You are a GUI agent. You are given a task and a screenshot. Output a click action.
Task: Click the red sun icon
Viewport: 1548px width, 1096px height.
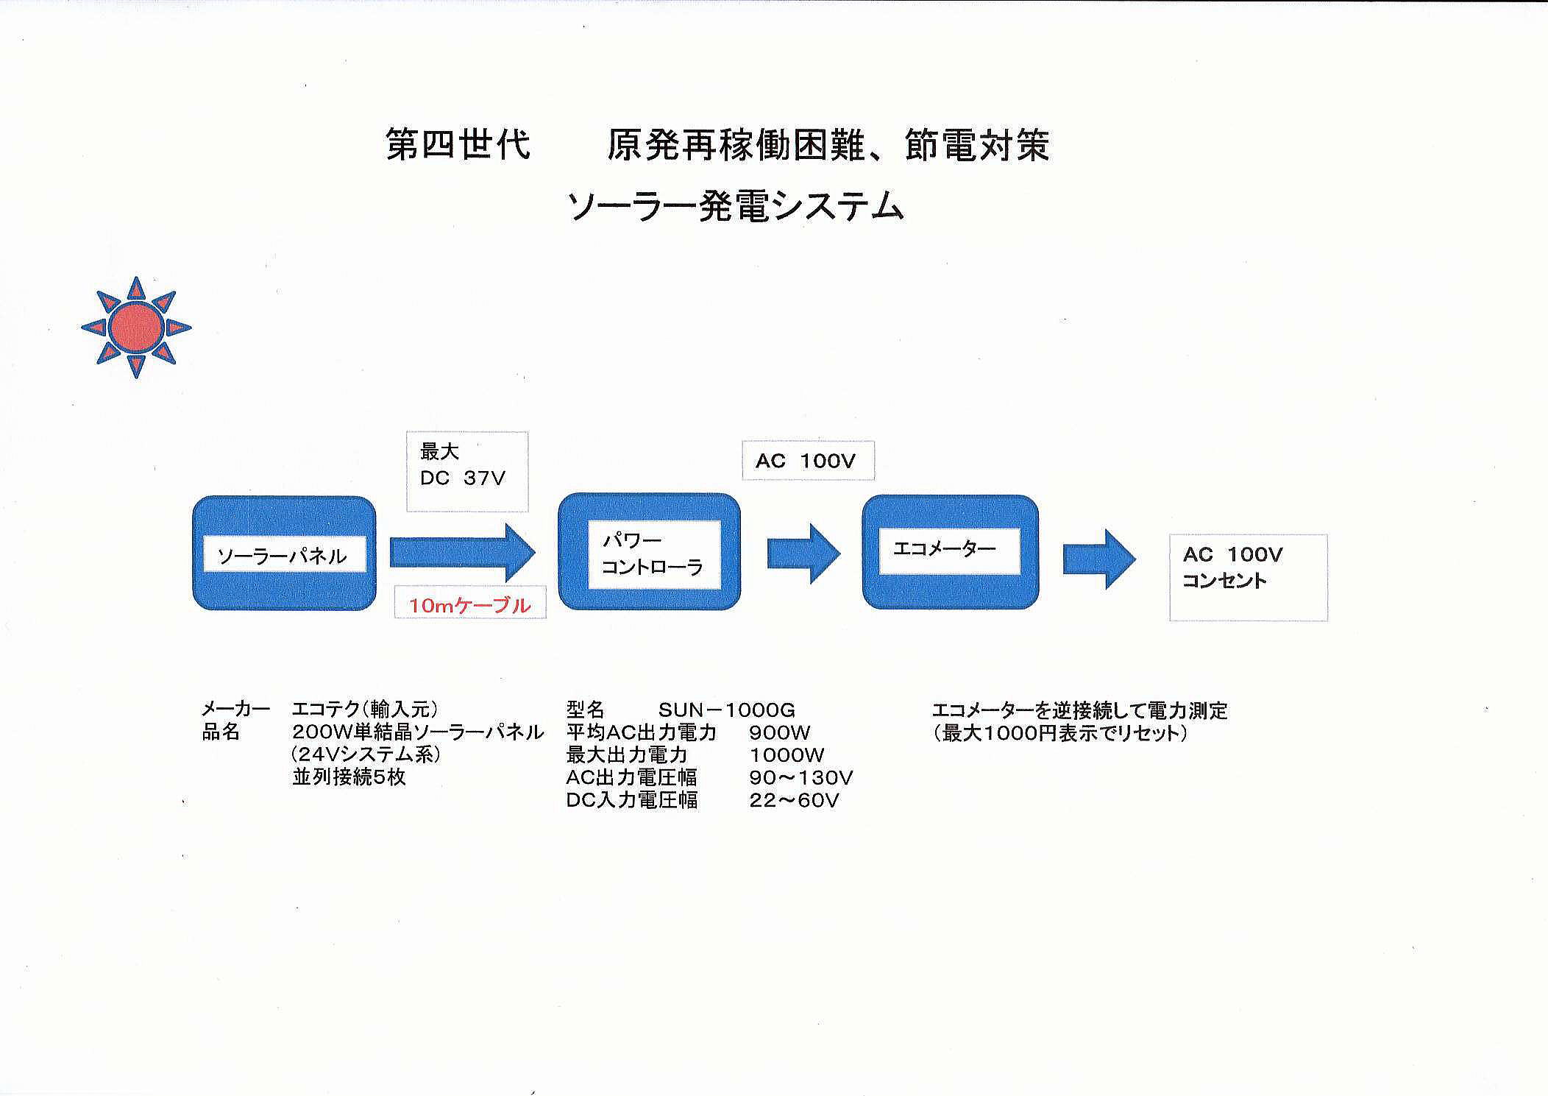pos(136,328)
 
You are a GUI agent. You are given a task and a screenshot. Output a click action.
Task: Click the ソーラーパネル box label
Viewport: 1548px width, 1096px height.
pos(283,556)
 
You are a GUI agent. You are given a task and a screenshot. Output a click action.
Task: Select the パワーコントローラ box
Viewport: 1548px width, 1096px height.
pos(650,551)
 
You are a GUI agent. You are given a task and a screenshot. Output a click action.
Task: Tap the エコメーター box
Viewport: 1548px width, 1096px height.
pos(950,552)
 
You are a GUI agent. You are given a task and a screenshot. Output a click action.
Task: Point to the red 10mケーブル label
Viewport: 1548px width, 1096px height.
pos(469,606)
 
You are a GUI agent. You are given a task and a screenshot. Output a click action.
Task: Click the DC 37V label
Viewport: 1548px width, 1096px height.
pos(463,478)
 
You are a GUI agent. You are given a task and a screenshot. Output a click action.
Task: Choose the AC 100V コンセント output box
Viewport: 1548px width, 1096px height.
pos(1249,578)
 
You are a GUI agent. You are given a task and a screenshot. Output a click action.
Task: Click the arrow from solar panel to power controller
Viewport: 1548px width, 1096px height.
pos(463,552)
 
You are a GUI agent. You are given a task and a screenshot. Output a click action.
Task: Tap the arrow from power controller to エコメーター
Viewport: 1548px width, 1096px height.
pos(803,554)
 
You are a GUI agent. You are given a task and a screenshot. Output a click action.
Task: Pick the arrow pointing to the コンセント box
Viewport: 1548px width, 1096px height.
pos(1099,559)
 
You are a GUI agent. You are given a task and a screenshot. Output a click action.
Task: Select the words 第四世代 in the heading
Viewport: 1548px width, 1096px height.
pos(458,144)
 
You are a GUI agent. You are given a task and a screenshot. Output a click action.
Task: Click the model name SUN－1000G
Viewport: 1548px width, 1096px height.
pos(727,710)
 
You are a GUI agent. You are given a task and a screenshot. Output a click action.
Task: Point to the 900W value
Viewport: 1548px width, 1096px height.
pos(779,733)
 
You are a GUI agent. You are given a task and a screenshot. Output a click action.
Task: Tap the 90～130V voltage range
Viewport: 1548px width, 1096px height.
pos(801,777)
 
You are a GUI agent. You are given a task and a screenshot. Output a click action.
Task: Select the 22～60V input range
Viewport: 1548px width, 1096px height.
pos(795,800)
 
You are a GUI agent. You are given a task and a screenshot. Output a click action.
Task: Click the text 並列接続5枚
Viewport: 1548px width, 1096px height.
pos(349,777)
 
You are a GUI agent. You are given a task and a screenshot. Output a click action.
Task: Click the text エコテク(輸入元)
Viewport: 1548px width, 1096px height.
pos(366,710)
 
